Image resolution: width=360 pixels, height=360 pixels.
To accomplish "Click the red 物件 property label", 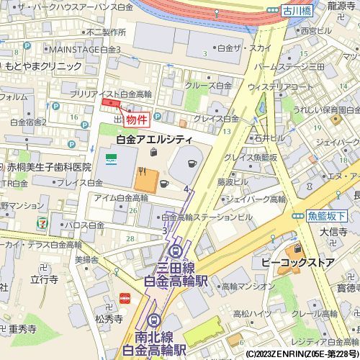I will coord(136,120).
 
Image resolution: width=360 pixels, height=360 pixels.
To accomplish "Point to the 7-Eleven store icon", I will coord(45,223).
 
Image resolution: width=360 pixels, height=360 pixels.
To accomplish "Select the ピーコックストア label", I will coord(297,263).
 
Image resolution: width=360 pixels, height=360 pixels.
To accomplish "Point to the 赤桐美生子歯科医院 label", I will coord(50,166).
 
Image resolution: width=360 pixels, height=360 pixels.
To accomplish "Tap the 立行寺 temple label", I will coord(44,279).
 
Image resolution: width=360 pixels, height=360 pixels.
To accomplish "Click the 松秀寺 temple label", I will coord(108,318).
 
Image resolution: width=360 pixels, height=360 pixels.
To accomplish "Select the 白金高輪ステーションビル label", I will coord(207,217).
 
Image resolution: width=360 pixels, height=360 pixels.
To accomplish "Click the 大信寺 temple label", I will coord(334,232).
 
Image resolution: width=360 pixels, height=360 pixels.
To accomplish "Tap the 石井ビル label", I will coord(264,138).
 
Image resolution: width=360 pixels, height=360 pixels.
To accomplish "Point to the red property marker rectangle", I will coord(111,104).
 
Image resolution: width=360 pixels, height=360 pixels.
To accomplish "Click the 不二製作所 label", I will coord(107,32).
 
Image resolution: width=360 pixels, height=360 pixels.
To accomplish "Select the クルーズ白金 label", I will coord(209,85).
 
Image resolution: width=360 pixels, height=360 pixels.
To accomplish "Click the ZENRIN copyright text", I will coord(302,354).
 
